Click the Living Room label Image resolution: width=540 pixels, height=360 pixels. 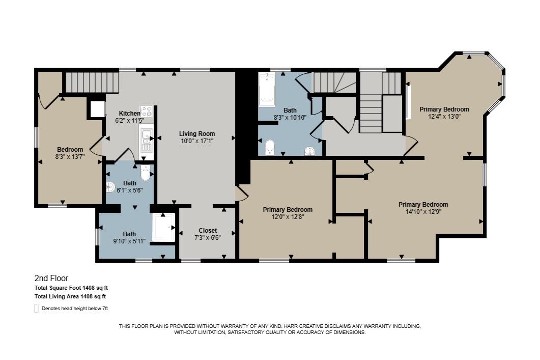point(196,134)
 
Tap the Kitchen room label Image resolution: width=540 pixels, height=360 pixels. point(129,114)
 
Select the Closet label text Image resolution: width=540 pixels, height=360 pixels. point(208,231)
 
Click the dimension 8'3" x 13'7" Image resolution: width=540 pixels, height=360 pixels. point(70,156)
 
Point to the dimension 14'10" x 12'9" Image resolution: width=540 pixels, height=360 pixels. point(423,211)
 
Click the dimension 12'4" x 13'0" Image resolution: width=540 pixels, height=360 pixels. point(444,117)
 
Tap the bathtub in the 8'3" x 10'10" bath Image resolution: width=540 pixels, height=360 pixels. point(267,89)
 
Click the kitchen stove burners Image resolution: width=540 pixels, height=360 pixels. point(146,112)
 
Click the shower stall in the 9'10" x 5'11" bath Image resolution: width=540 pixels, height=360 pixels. point(164,227)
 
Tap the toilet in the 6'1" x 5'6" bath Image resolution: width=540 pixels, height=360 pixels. point(146,172)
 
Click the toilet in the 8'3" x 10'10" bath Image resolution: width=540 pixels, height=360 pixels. point(269,148)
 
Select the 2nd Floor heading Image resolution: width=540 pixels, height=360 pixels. point(51,278)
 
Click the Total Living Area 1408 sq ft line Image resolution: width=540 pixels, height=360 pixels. point(70,296)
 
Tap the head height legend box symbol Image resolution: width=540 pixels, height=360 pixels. point(36,309)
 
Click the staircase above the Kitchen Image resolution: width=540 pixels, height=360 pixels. point(92,82)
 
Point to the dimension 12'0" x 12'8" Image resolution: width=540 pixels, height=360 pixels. point(288,217)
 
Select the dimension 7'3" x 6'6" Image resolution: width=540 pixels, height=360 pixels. point(208,237)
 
